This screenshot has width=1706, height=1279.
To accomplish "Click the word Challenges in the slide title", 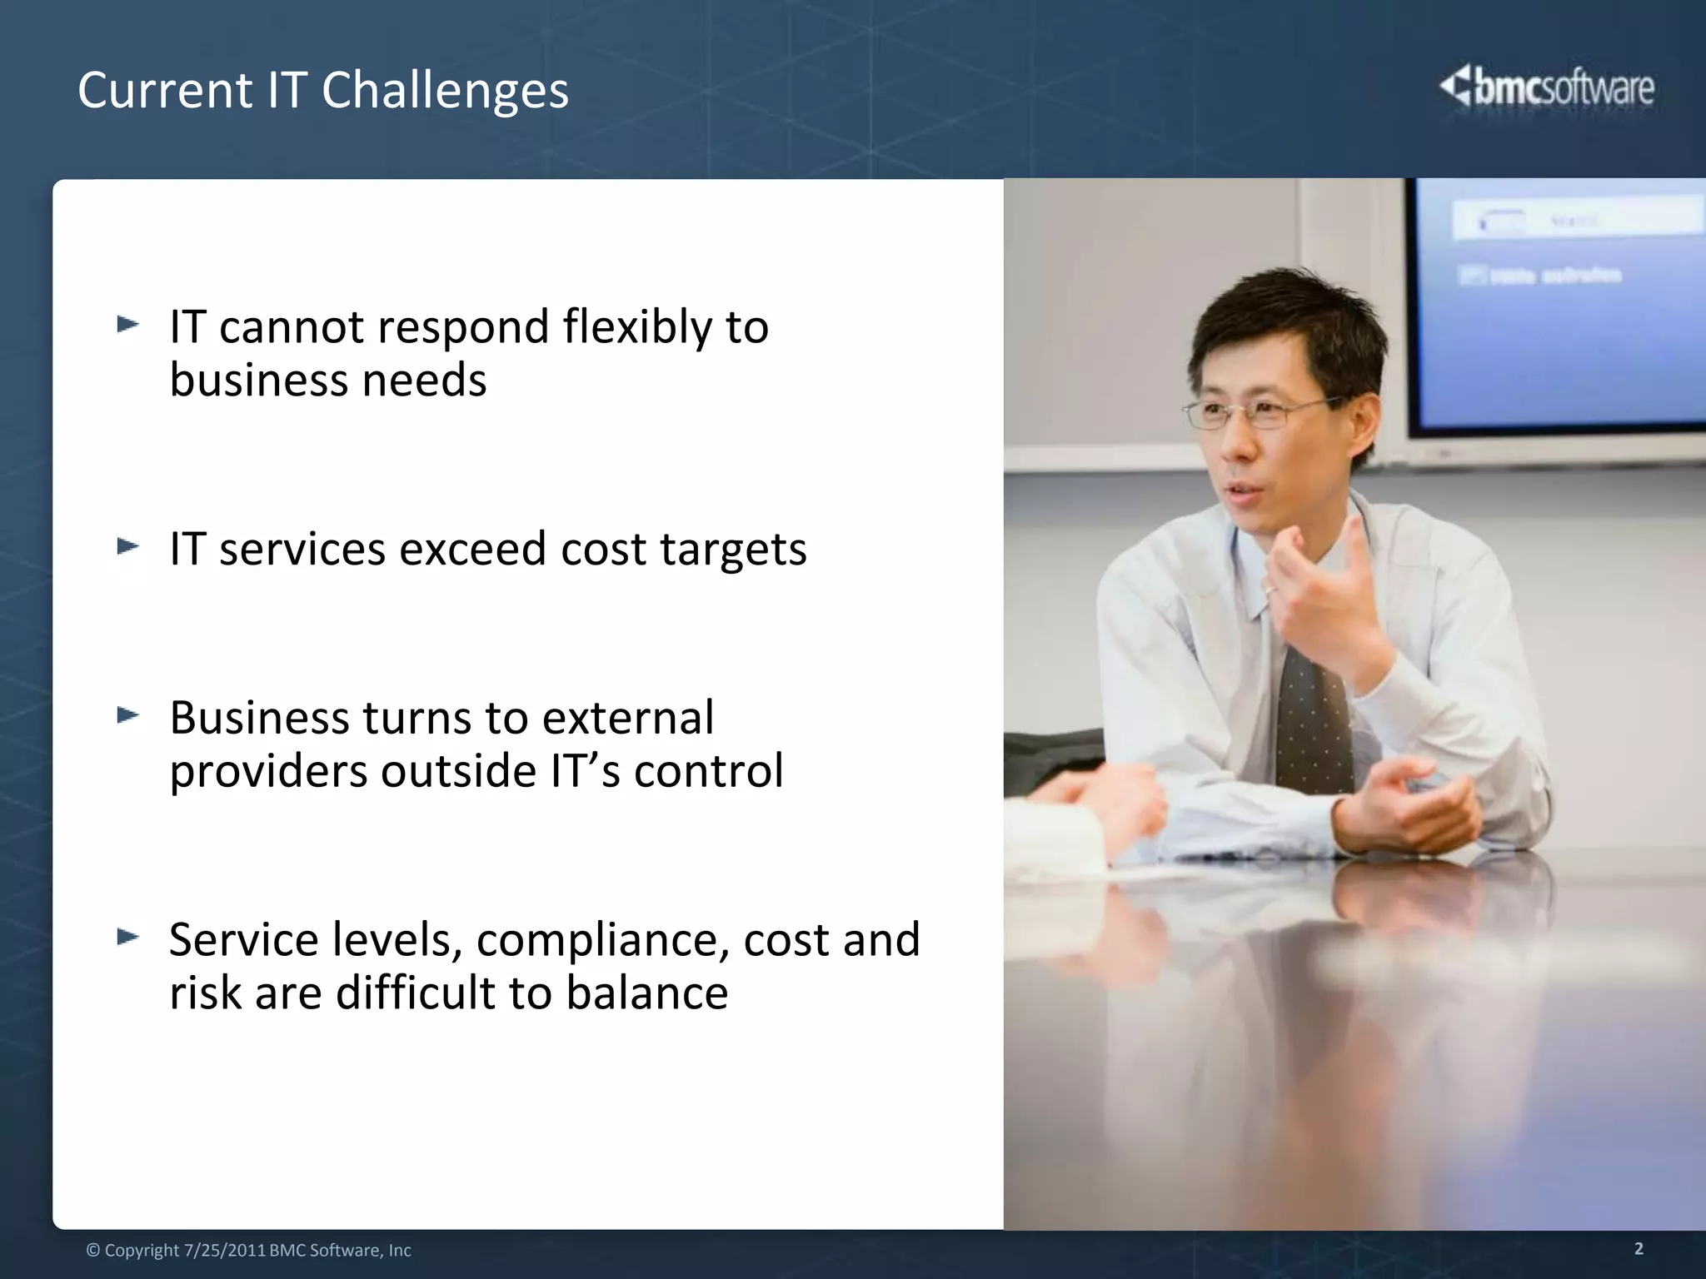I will click(x=445, y=90).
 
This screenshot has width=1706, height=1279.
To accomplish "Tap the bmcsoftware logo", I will click(x=1547, y=88).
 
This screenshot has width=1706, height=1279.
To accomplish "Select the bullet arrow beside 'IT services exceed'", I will click(x=127, y=547).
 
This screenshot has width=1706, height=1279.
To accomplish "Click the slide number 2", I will click(x=1639, y=1248).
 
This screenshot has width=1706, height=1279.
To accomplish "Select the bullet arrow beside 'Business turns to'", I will click(x=127, y=715).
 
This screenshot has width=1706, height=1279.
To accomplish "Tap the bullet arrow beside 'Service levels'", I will click(x=127, y=938).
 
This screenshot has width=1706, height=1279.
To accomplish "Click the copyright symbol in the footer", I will click(x=93, y=1251).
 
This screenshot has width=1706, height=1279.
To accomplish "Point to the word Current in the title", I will click(x=165, y=90).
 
